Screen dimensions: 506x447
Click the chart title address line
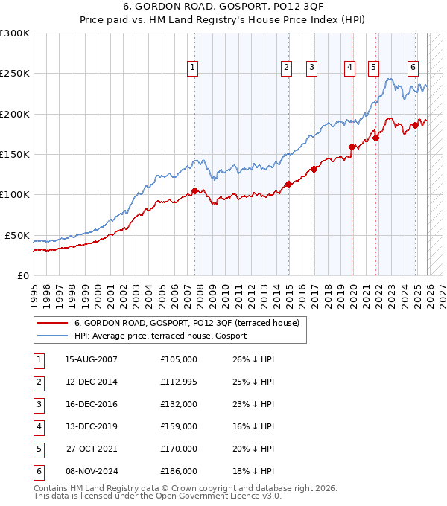tap(223, 8)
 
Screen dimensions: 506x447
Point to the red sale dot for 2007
tap(194, 190)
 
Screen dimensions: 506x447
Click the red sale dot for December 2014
tap(288, 185)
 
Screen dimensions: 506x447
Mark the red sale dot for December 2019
tap(352, 147)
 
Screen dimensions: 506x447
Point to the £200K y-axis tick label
tap(15, 114)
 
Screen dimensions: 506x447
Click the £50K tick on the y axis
tap(17, 235)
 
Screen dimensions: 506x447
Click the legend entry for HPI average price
tap(160, 336)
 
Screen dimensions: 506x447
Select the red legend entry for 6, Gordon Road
tap(186, 323)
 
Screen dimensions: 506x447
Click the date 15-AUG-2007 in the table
tap(91, 359)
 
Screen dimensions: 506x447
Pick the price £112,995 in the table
tap(179, 382)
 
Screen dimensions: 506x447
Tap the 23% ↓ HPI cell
tap(253, 404)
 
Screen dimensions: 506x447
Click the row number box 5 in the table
tap(37, 449)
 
